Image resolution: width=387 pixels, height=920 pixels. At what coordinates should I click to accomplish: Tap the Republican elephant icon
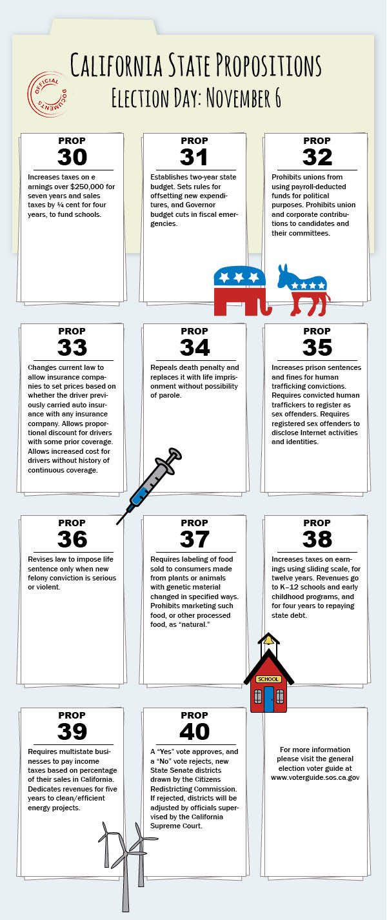[240, 290]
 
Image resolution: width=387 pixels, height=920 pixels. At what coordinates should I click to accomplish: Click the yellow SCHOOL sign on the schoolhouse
[268, 679]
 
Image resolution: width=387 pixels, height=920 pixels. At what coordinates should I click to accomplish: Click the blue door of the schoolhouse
[268, 699]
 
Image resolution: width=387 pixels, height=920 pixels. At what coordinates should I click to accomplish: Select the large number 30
[72, 157]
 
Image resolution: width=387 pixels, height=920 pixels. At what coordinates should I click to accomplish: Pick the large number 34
[194, 347]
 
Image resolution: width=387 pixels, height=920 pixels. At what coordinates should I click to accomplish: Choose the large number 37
[194, 538]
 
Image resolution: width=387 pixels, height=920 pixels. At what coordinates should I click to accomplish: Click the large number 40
[194, 731]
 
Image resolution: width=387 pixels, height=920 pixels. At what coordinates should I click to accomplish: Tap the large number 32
[317, 157]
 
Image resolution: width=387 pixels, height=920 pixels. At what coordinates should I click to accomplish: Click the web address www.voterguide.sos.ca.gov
[315, 777]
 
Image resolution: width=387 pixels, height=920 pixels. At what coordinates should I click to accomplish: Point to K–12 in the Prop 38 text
[294, 588]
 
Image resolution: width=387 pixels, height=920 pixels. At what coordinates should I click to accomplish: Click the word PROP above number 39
[72, 715]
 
